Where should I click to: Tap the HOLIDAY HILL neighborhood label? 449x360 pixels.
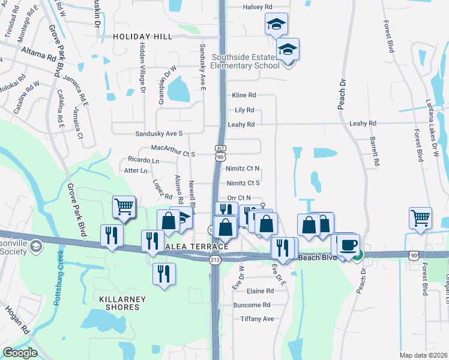tap(142, 37)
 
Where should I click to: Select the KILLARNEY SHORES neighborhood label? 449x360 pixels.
tap(119, 302)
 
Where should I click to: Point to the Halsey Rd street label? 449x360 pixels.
tap(258, 7)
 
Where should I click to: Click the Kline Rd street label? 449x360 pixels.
tap(244, 95)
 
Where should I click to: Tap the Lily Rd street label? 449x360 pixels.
tap(244, 110)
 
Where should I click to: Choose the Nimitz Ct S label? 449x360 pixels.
tap(243, 183)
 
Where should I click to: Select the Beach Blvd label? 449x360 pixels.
tap(315, 257)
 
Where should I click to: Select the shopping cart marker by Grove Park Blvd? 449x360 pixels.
tap(124, 207)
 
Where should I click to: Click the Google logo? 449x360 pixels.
tap(20, 353)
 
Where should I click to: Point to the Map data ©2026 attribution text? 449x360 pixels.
tap(423, 355)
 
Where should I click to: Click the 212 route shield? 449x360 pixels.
tap(215, 260)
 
